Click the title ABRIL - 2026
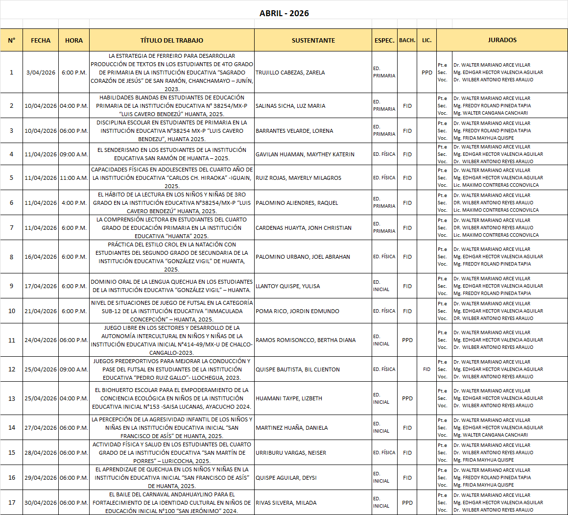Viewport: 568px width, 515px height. (x=284, y=13)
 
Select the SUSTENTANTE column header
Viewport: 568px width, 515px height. (x=313, y=41)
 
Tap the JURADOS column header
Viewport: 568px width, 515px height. (x=502, y=40)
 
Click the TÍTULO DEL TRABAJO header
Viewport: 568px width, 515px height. (x=171, y=41)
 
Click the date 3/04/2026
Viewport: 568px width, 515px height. (x=41, y=73)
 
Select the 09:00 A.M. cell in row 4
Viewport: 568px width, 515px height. (x=74, y=154)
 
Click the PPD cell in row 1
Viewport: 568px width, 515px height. (x=426, y=73)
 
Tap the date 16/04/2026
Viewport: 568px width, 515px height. (x=41, y=257)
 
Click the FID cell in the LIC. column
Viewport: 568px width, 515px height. (x=426, y=369)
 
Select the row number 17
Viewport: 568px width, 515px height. (x=12, y=503)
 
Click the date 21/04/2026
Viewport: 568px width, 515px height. (x=41, y=311)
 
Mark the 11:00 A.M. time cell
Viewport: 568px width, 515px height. (x=74, y=178)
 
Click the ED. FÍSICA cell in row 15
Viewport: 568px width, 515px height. (x=384, y=453)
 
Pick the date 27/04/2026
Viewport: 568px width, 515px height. (x=41, y=428)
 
